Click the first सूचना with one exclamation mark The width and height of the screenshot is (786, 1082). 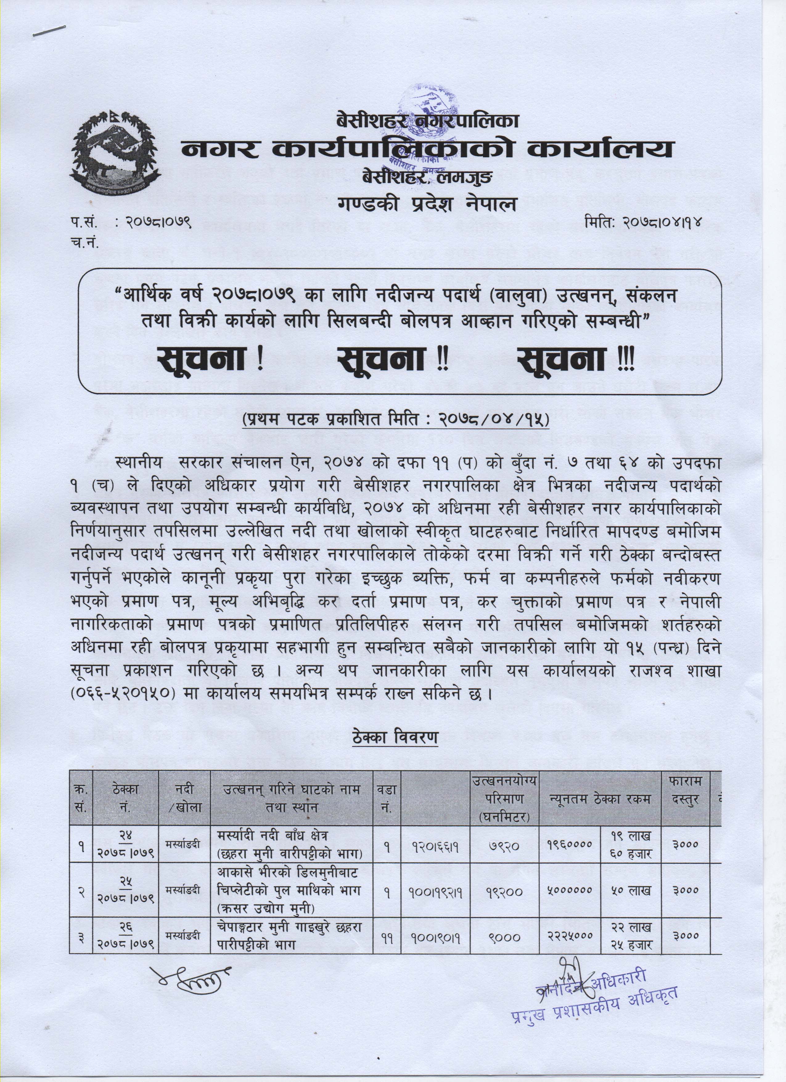pos(210,360)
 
